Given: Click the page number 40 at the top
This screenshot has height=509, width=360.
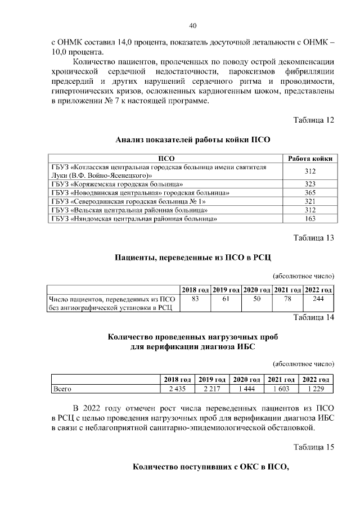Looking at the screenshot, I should tap(192, 26).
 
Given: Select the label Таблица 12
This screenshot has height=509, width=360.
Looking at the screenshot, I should tap(314, 120).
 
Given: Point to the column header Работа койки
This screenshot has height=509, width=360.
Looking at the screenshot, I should tap(310, 159).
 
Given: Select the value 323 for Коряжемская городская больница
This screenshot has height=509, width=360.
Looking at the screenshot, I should tap(310, 184).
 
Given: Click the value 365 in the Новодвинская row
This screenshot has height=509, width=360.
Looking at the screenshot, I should tap(310, 192).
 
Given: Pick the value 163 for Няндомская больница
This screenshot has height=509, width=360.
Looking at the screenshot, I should tap(310, 218).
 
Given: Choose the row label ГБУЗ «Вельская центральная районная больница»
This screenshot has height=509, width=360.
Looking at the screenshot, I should tap(133, 210).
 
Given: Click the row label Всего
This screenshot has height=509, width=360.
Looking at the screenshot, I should tap(61, 389).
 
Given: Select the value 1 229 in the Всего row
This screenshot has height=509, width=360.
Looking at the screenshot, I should tap(315, 389).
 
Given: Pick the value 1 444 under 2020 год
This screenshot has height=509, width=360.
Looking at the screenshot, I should tap(246, 389).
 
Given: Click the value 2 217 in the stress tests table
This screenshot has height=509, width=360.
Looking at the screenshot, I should tap(211, 389).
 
